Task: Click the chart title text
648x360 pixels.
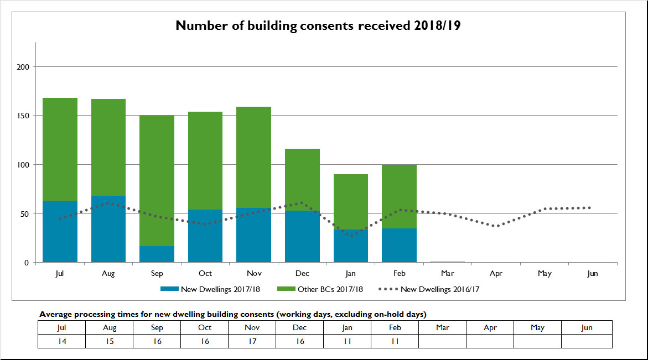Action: [x=318, y=25]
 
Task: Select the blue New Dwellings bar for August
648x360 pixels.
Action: [x=108, y=229]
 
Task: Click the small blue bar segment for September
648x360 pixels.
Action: [x=157, y=254]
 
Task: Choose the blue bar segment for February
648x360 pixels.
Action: [x=399, y=246]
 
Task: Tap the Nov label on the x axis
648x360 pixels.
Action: [x=254, y=274]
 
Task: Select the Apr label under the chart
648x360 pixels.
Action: [x=496, y=274]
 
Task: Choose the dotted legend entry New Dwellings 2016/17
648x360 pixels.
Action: [x=432, y=289]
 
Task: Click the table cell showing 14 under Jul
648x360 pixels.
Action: [x=61, y=341]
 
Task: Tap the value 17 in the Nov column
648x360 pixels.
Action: [x=253, y=341]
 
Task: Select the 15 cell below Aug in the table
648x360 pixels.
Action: [x=110, y=341]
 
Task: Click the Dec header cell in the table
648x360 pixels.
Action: [x=299, y=327]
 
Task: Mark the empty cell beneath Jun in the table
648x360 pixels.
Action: [x=587, y=341]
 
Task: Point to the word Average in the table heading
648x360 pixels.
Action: [x=55, y=314]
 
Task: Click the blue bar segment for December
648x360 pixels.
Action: [x=302, y=237]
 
